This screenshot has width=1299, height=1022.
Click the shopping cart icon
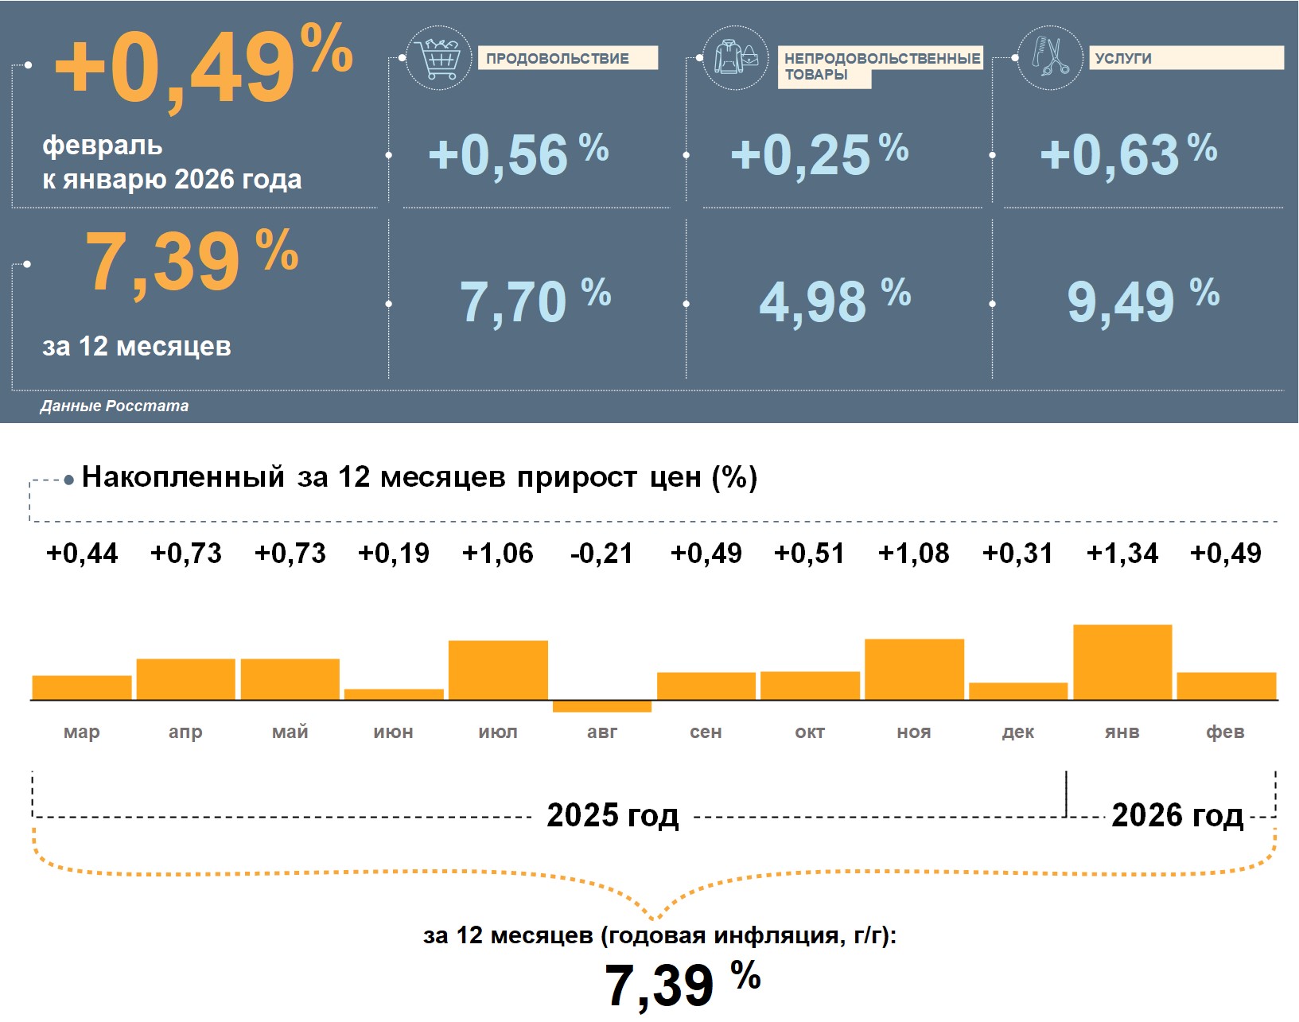(x=438, y=57)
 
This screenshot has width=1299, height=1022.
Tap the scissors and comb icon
(x=1050, y=57)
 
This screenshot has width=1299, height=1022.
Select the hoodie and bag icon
(x=736, y=57)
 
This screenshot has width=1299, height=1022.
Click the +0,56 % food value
(x=518, y=153)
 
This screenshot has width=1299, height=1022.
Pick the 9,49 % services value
(x=1142, y=301)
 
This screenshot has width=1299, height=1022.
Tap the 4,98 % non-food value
(x=834, y=301)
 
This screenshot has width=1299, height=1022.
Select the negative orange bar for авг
(x=602, y=706)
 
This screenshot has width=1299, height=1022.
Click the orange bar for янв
(x=1122, y=662)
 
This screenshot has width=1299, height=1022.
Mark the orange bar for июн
(x=394, y=694)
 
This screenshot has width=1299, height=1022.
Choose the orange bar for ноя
(x=914, y=669)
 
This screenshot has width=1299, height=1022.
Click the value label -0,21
(x=602, y=554)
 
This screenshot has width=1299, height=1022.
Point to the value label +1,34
(x=1122, y=554)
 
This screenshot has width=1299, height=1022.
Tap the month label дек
(x=1018, y=732)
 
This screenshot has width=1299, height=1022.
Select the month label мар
(x=82, y=732)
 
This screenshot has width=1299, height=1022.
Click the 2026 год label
(x=1176, y=815)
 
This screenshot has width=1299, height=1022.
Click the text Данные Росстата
(x=115, y=406)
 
